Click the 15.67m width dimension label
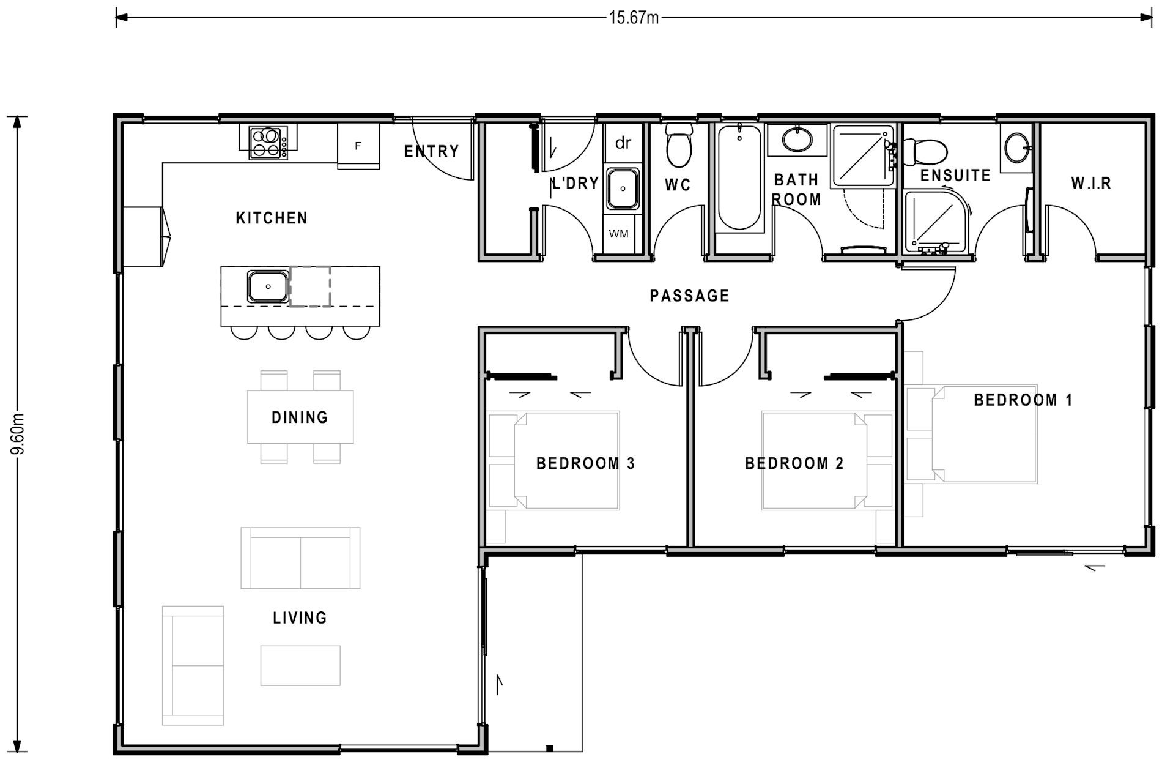[x=634, y=18]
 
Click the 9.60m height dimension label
[x=18, y=433]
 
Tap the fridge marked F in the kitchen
[x=358, y=146]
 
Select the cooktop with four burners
[x=268, y=143]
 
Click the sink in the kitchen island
[x=268, y=286]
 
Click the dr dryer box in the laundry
[x=623, y=143]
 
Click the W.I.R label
[x=1091, y=183]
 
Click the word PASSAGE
[x=689, y=296]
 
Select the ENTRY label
[x=431, y=151]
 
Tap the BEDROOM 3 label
[x=585, y=464]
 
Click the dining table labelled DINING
[x=300, y=417]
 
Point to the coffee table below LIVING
[x=300, y=665]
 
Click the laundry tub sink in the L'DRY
[x=623, y=189]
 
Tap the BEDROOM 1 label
[x=1023, y=400]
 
